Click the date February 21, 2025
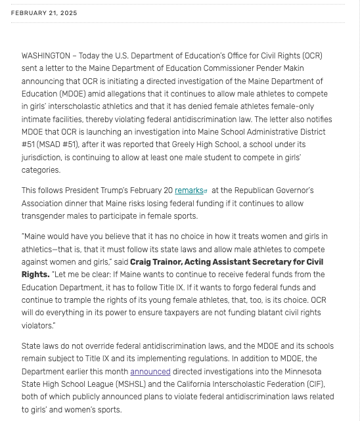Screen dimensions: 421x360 coord(44,13)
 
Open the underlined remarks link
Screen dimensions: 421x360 coord(189,190)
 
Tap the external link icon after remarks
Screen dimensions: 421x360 coord(206,191)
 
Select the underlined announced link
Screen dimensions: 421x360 coord(150,371)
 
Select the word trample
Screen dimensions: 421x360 coord(81,301)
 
